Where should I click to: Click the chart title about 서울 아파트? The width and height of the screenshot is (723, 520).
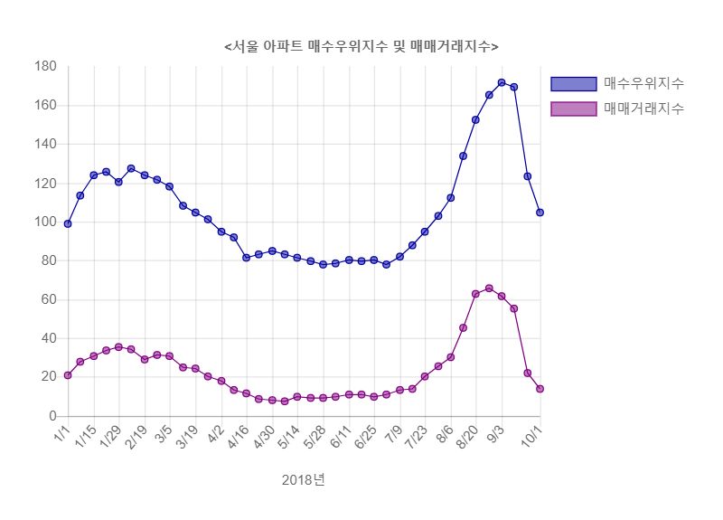pos(361,46)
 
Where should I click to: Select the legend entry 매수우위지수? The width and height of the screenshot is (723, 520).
pos(643,83)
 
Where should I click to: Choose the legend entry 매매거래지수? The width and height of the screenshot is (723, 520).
pos(643,109)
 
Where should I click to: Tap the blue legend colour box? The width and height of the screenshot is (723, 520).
pos(574,84)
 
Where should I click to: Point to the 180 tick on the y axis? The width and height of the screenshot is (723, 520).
pos(45,67)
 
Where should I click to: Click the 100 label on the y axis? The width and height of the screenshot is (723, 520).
pos(45,222)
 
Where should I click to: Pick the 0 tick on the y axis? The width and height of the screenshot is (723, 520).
pos(53,416)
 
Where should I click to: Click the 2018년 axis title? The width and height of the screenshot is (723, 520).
pos(304,479)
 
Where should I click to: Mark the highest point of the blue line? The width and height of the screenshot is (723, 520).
pos(502,83)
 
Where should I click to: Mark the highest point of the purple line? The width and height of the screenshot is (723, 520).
pos(489,288)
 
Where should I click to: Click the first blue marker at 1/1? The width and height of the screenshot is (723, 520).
pos(68,223)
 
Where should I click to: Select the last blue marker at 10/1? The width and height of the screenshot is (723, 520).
pos(540,213)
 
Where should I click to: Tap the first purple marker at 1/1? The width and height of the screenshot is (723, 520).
pos(68,375)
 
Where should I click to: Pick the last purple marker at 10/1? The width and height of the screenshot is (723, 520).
pos(540,389)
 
